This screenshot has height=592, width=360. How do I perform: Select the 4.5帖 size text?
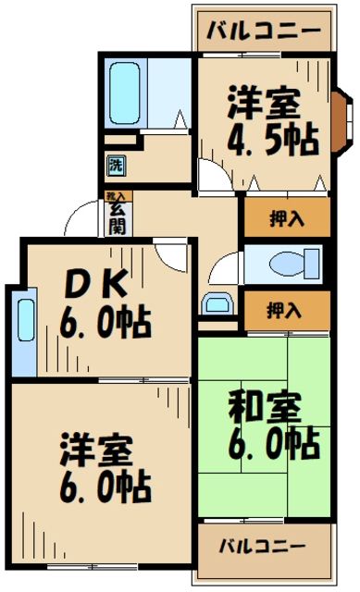(x=274, y=139)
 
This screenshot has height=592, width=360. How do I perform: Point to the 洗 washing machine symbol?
(x=116, y=166)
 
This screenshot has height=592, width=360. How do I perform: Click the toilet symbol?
(x=280, y=264)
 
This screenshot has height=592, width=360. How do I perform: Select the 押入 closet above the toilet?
(x=286, y=219)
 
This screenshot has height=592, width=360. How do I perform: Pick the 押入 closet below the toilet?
(x=286, y=309)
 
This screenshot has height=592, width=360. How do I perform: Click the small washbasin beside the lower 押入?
(x=217, y=303)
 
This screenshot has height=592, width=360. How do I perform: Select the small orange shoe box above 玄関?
(x=116, y=197)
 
